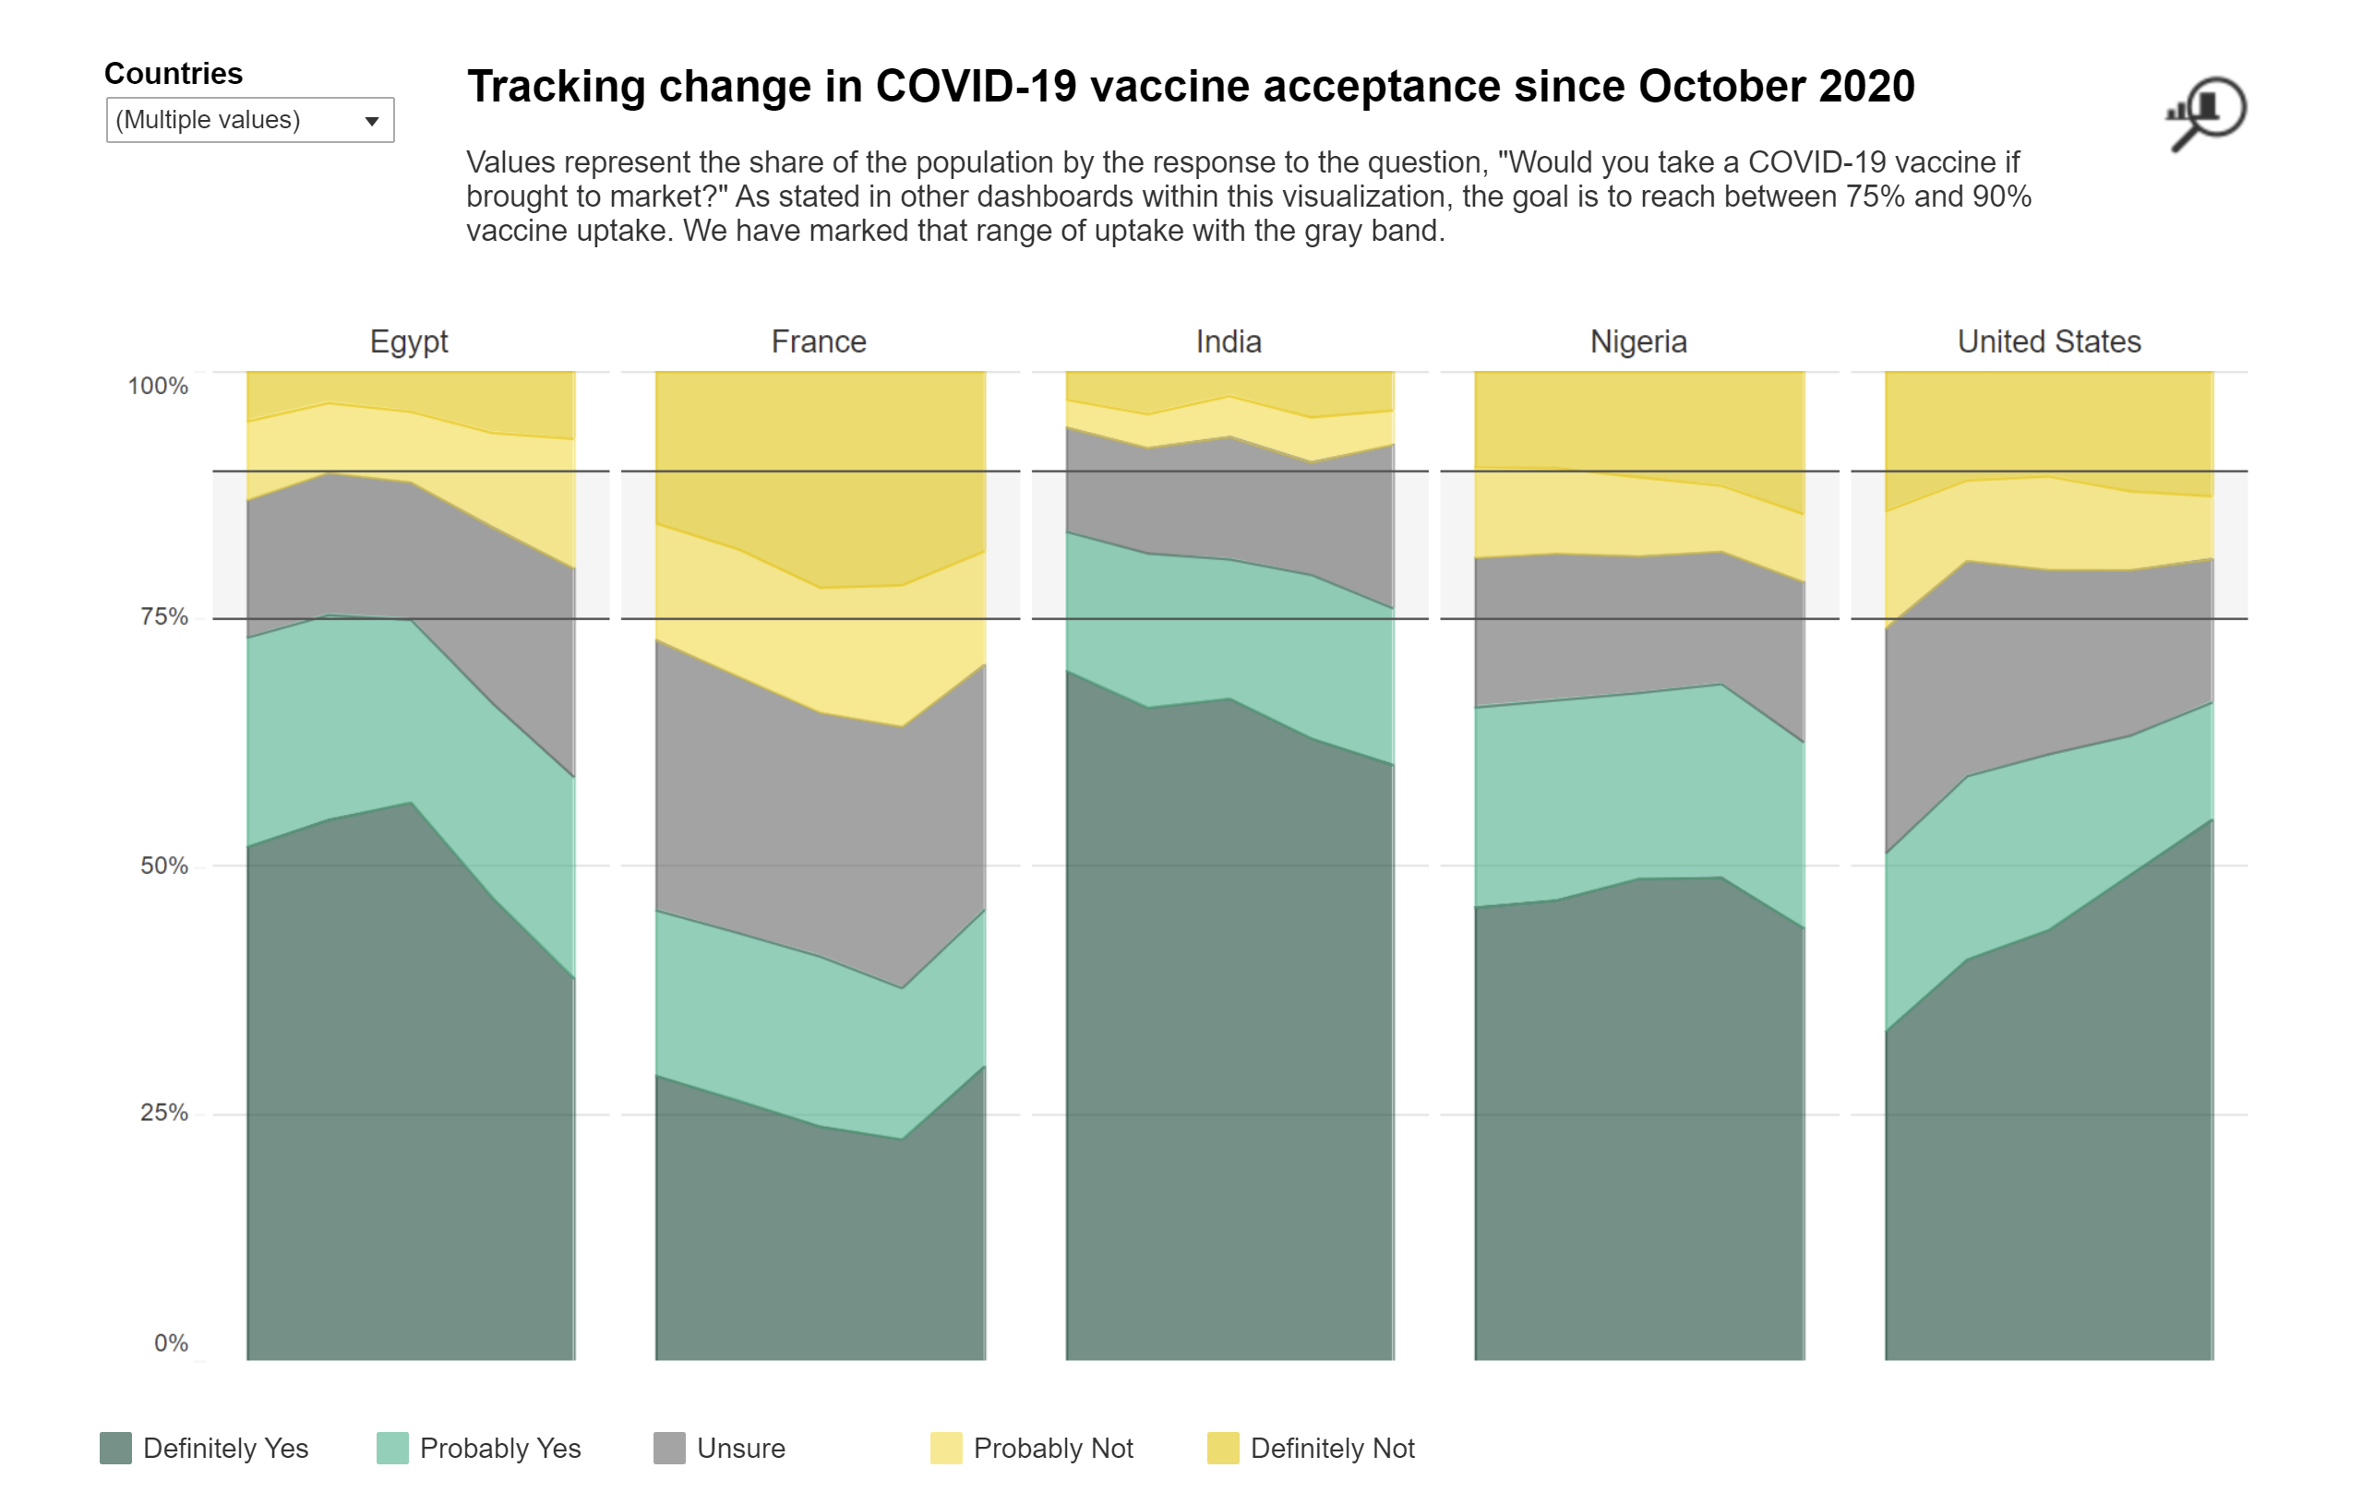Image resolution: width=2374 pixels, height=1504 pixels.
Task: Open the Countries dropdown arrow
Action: point(372,120)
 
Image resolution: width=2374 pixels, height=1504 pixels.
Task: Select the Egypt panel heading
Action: point(408,341)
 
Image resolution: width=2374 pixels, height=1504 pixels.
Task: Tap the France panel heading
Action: point(819,341)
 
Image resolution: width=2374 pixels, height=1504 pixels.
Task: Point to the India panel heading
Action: point(1229,341)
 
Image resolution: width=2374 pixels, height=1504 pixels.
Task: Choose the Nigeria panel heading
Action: point(1638,341)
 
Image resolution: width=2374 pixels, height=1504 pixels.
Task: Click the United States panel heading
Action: point(2049,341)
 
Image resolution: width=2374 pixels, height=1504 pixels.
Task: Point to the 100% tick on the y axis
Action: point(158,386)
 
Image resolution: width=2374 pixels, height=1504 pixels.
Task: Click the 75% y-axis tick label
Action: point(163,617)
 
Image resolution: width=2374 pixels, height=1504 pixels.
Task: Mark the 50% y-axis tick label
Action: point(163,865)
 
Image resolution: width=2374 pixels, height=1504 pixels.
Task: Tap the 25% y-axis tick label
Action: point(163,1113)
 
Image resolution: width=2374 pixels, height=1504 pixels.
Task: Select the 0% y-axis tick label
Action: point(171,1343)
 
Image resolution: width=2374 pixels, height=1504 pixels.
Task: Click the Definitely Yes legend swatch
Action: point(115,1448)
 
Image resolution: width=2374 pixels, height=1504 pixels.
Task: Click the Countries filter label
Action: point(173,73)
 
